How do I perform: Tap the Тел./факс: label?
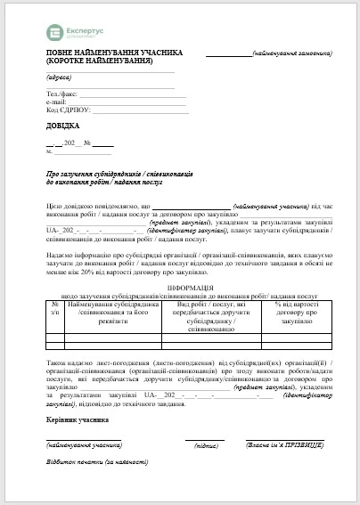coord(62,94)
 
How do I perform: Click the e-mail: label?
coord(57,102)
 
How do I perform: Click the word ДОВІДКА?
coord(61,126)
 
